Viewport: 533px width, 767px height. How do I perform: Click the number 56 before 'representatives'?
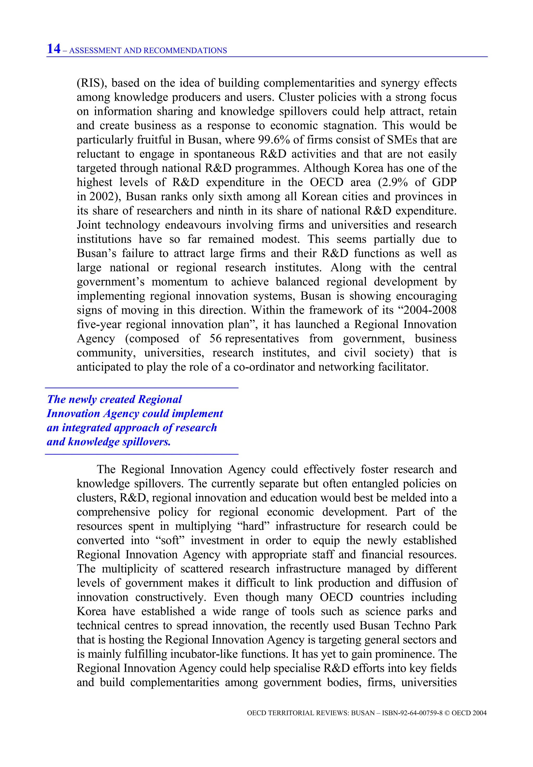coord(215,338)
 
